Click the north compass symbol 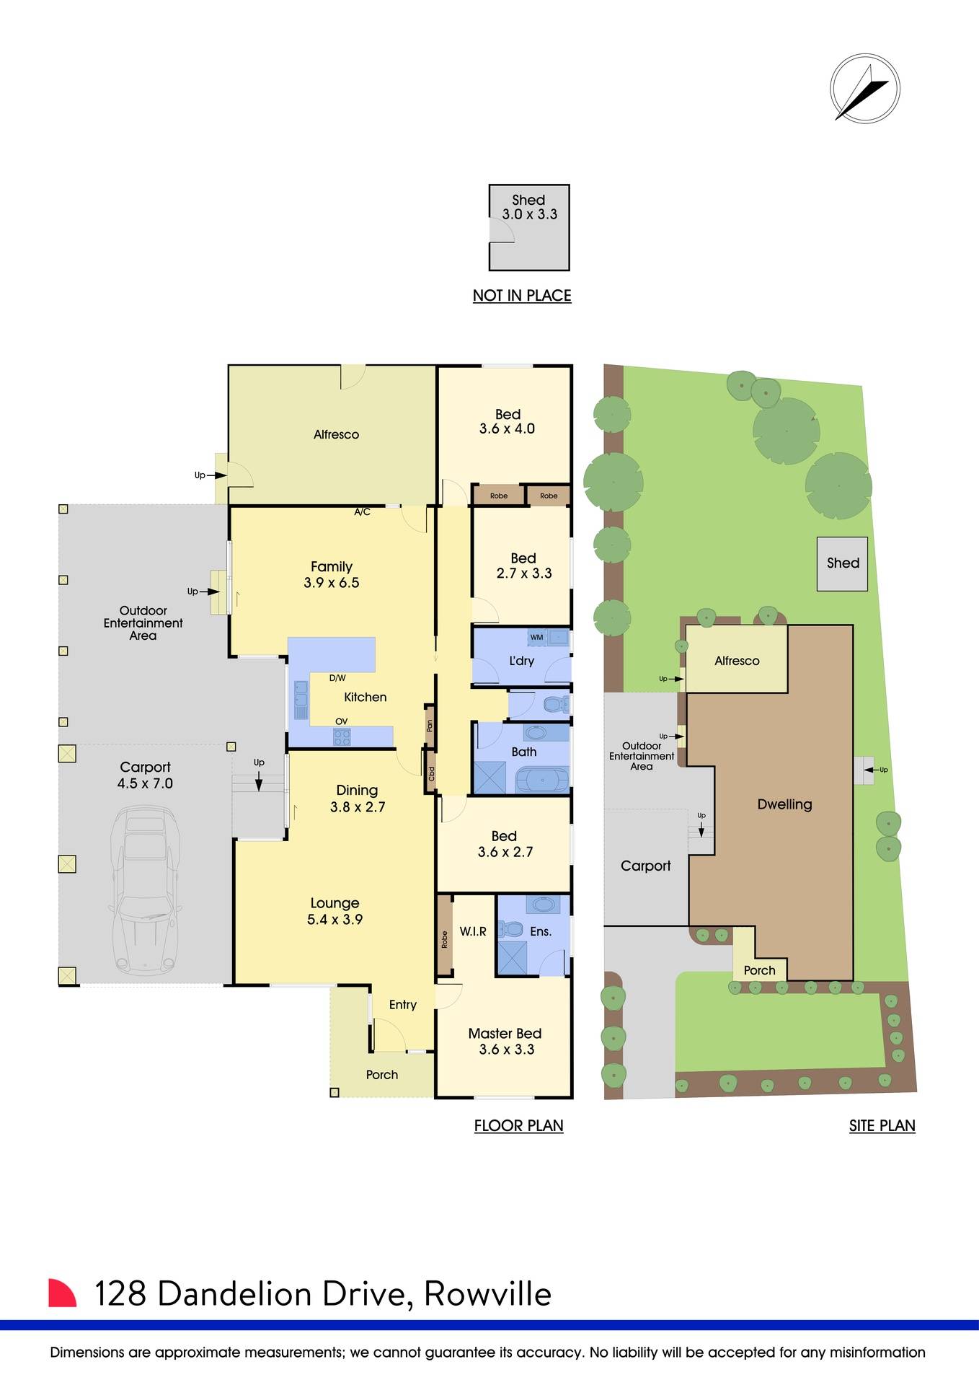pyautogui.click(x=864, y=88)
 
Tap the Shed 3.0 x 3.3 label pyautogui.click(x=529, y=207)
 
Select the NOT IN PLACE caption pyautogui.click(x=522, y=296)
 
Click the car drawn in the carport pyautogui.click(x=143, y=892)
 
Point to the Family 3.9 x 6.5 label pyautogui.click(x=332, y=575)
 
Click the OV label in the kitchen pyautogui.click(x=342, y=721)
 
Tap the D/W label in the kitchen pyautogui.click(x=337, y=678)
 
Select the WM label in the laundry pyautogui.click(x=536, y=638)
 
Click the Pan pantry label pyautogui.click(x=430, y=725)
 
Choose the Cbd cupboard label pyautogui.click(x=432, y=774)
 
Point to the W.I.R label pyautogui.click(x=473, y=932)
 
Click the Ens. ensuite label pyautogui.click(x=541, y=932)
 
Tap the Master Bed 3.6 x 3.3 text pyautogui.click(x=505, y=1042)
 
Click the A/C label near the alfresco pyautogui.click(x=363, y=512)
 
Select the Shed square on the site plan pyautogui.click(x=842, y=564)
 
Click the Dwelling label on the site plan pyautogui.click(x=784, y=804)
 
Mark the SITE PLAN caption pyautogui.click(x=882, y=1126)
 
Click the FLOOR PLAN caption pyautogui.click(x=518, y=1126)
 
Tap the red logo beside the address pyautogui.click(x=62, y=1293)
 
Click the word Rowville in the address pyautogui.click(x=487, y=1294)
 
